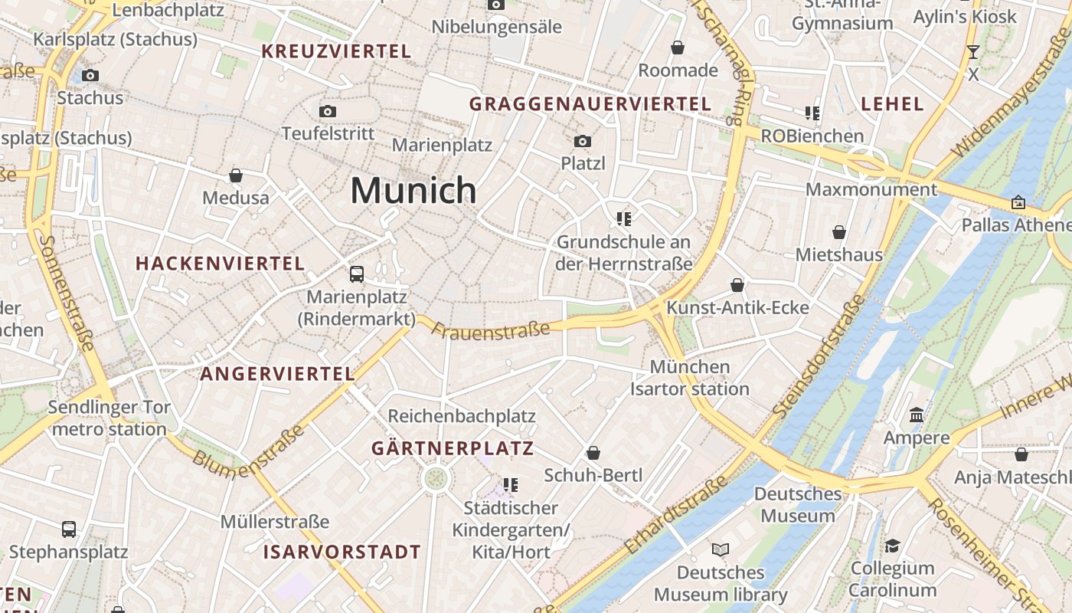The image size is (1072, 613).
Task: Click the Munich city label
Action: pyautogui.click(x=413, y=190)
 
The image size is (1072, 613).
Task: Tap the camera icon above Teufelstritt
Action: pyautogui.click(x=328, y=111)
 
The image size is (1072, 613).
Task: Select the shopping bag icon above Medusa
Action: pyautogui.click(x=236, y=175)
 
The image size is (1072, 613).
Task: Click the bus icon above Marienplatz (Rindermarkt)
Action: pyautogui.click(x=357, y=274)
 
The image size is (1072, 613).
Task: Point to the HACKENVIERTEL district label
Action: pyautogui.click(x=221, y=264)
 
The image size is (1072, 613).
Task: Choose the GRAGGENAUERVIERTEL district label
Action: pyautogui.click(x=590, y=103)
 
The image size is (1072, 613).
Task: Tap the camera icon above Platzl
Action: pyautogui.click(x=583, y=141)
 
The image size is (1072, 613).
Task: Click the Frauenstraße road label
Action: pyautogui.click(x=491, y=329)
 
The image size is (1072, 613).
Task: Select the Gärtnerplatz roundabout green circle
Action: pyautogui.click(x=436, y=479)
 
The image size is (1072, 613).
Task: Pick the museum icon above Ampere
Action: pyautogui.click(x=917, y=415)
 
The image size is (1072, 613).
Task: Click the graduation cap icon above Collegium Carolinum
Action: pyautogui.click(x=892, y=546)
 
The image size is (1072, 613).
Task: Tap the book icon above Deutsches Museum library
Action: pyautogui.click(x=721, y=549)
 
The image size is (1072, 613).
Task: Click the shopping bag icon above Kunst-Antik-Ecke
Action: pyautogui.click(x=737, y=285)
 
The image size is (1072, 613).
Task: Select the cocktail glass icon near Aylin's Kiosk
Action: pyautogui.click(x=973, y=52)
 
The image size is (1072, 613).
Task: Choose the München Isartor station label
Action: pyautogui.click(x=690, y=378)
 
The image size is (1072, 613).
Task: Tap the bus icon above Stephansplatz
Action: pyautogui.click(x=69, y=529)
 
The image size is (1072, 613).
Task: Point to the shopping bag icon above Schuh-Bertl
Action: pyautogui.click(x=593, y=453)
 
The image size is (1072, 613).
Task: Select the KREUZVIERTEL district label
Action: pyautogui.click(x=336, y=51)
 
